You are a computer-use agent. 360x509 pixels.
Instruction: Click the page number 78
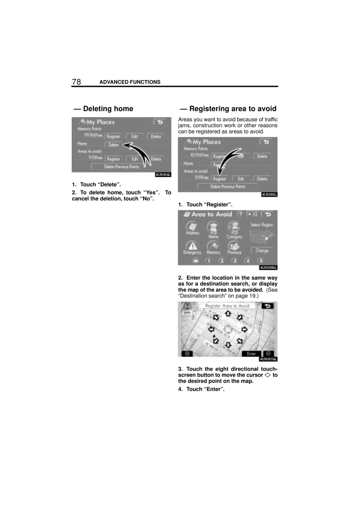[76, 82]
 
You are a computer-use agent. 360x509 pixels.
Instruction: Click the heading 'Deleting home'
[103, 109]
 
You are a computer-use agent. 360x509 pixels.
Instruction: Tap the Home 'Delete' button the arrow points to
[113, 145]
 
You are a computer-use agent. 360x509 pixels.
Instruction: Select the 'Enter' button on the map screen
[252, 354]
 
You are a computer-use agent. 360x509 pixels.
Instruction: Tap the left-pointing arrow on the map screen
[212, 329]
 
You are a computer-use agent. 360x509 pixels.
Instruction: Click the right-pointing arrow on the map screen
[244, 329]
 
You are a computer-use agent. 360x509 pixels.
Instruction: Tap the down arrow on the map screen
[228, 344]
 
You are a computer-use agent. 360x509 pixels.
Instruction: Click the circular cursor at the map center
[228, 329]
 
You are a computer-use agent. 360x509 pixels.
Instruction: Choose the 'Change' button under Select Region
[262, 251]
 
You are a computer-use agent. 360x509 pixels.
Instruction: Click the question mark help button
[240, 214]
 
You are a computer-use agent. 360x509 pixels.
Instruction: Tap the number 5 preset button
[261, 261]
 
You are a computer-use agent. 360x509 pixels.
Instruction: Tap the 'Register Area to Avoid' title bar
[227, 306]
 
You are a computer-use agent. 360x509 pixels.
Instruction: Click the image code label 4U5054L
[163, 174]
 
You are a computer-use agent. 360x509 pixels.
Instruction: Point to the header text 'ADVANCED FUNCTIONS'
[130, 82]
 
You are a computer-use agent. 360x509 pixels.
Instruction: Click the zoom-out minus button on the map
[269, 354]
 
